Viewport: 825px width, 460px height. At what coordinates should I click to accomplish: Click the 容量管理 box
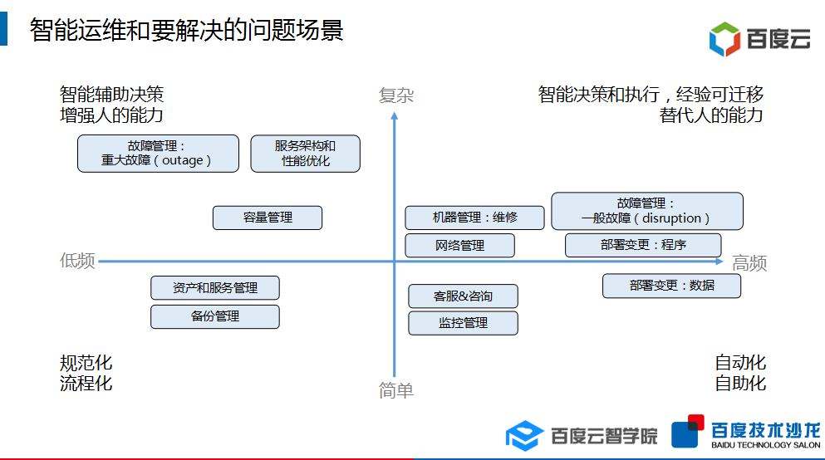click(x=268, y=218)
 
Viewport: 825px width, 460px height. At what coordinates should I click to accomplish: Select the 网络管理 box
click(x=459, y=246)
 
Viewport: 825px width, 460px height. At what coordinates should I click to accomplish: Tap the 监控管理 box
click(x=463, y=323)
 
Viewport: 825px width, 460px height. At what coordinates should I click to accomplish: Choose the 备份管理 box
click(x=214, y=316)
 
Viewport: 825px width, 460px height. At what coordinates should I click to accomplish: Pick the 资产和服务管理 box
click(x=214, y=288)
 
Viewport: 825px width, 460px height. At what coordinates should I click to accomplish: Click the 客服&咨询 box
click(x=463, y=296)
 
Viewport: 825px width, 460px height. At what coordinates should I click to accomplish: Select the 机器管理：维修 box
click(x=474, y=218)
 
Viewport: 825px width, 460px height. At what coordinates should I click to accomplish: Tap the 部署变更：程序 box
click(x=643, y=245)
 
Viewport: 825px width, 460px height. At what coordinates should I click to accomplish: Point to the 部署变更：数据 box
click(x=671, y=286)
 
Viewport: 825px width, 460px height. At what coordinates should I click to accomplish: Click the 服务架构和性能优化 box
click(x=305, y=154)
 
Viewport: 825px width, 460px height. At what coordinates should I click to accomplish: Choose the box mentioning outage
click(x=158, y=154)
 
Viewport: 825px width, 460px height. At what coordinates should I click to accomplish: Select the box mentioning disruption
click(x=646, y=211)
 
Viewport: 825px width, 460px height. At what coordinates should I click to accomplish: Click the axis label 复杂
click(x=395, y=96)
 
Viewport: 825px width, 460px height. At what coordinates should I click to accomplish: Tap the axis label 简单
click(x=395, y=390)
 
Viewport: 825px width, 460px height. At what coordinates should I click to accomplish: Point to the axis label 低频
click(x=77, y=261)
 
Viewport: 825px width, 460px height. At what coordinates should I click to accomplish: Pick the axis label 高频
click(x=749, y=264)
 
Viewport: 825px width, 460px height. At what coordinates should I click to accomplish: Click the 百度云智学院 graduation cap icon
click(x=525, y=435)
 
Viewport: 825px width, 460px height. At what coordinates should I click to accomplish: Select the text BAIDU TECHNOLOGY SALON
click(x=765, y=446)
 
